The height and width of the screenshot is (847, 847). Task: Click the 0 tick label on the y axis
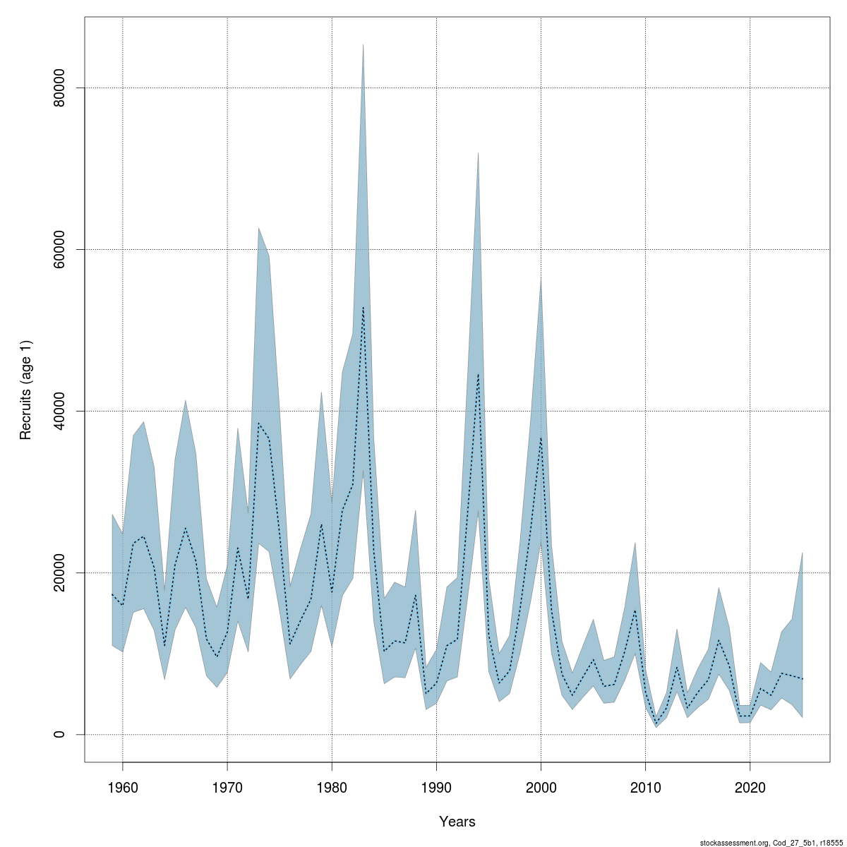61,734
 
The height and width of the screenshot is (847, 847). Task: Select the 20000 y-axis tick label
61,572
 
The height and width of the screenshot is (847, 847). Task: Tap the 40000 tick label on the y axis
61,411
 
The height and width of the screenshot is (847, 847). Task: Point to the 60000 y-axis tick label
61,249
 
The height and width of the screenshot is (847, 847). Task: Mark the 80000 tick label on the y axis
61,88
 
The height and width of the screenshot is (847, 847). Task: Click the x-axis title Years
457,822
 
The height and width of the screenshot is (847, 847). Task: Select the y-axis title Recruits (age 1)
26,390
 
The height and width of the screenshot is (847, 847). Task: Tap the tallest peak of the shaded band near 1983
363,45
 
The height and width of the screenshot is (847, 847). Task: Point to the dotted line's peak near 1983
363,308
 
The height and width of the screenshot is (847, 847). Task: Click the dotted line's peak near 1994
478,374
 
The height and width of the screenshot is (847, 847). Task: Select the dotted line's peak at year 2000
541,438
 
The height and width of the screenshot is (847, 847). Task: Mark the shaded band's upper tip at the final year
803,553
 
